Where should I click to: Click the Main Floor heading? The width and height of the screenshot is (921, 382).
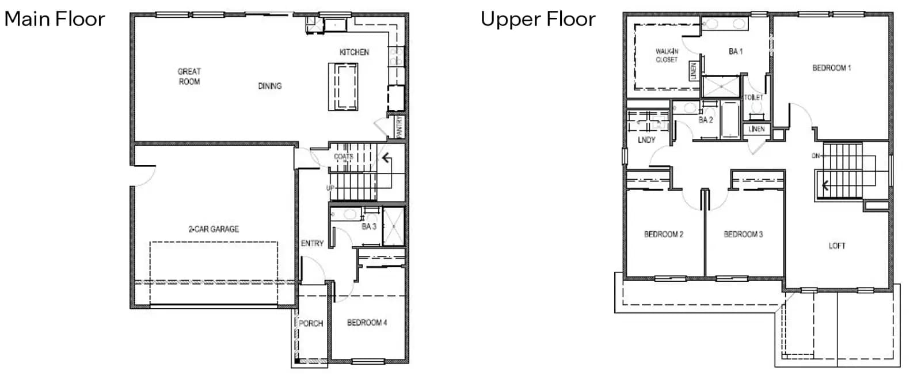click(x=55, y=19)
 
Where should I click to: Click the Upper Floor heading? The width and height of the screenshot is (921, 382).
click(x=538, y=20)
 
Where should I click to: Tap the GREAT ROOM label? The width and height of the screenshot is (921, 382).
click(x=189, y=77)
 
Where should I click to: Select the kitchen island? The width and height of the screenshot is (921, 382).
click(x=343, y=86)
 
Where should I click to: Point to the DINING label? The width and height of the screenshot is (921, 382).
click(x=270, y=86)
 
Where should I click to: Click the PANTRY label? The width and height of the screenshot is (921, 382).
click(x=399, y=127)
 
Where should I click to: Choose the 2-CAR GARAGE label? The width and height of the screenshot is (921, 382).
click(x=214, y=229)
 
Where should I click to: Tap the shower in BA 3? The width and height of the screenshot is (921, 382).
click(x=394, y=226)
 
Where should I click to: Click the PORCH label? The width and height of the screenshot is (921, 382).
click(x=311, y=323)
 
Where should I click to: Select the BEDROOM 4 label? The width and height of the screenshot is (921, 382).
click(x=367, y=322)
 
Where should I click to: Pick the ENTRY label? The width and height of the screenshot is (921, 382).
click(x=312, y=243)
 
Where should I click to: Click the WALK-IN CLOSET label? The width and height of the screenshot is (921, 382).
click(x=667, y=55)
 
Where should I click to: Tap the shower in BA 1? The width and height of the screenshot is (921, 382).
click(x=721, y=86)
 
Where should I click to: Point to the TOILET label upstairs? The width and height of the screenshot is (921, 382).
click(x=753, y=97)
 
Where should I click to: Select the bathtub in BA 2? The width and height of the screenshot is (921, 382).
click(x=730, y=119)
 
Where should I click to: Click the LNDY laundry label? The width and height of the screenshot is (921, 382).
click(x=646, y=140)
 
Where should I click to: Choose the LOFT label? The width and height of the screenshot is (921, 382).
click(x=837, y=246)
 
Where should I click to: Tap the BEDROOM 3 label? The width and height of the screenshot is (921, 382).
click(x=743, y=235)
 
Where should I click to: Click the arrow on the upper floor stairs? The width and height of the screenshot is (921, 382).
click(x=824, y=186)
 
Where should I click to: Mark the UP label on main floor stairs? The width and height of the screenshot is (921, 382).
click(x=330, y=188)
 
